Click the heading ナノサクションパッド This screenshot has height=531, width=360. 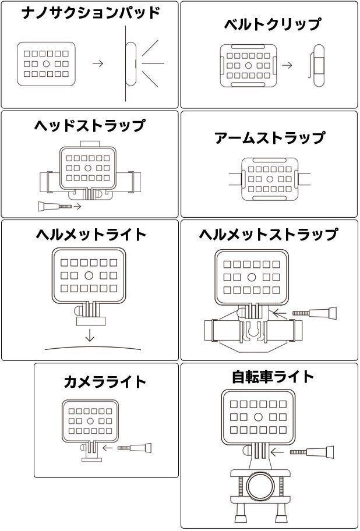pos(90,13)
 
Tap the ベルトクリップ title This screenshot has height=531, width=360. pos(272,24)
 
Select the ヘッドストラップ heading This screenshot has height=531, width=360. pos(89,125)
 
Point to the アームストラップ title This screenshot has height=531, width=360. pos(270,138)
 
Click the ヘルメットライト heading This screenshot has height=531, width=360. pos(91,234)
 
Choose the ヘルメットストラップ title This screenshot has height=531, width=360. pos(268,234)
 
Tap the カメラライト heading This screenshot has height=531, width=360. pos(105,382)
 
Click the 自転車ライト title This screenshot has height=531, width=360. pos(273,377)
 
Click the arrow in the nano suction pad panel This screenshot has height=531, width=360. pos(98,63)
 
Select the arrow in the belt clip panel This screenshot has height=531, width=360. pos(287,65)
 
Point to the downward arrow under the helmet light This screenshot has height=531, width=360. pos(89,335)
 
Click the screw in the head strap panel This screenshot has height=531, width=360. pos(55,206)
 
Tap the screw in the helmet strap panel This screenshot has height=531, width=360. pos(315,313)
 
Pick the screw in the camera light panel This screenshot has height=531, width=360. pos(135,448)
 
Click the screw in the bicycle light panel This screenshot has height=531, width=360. pos(312,452)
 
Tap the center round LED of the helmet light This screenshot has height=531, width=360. pos(89,275)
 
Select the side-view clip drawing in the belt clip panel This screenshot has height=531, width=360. pos(317,65)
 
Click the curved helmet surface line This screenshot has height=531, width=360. pos(93,347)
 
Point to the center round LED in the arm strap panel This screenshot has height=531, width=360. pos(270,179)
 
